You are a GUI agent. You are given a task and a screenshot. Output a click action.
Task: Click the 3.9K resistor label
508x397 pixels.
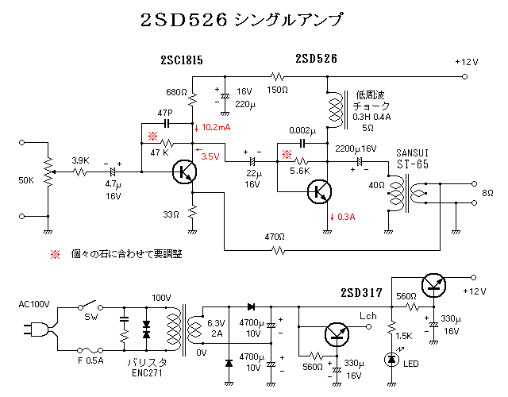click(x=80, y=160)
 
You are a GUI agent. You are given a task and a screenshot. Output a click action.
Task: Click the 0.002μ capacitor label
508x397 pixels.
click(x=302, y=130)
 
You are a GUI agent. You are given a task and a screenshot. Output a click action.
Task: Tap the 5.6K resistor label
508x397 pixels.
click(x=299, y=170)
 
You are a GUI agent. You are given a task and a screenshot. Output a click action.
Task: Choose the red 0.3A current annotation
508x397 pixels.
click(x=345, y=217)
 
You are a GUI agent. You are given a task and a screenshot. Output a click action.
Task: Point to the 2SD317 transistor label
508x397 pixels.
click(x=361, y=291)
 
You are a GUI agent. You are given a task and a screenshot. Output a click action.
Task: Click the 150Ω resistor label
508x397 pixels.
click(x=277, y=90)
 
